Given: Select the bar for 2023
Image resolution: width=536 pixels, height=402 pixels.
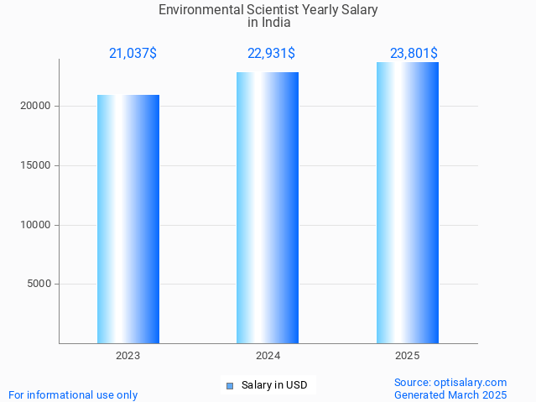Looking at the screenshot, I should point(128,219).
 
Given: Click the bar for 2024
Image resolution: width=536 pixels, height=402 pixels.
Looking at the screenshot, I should point(268,207).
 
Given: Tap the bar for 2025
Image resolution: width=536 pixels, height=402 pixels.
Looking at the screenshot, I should point(408,202).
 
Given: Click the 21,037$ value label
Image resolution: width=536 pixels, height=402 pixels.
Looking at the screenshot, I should point(133,54).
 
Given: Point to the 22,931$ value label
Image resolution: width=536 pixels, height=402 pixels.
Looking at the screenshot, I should point(271,54).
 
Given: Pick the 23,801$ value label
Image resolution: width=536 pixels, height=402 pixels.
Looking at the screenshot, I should point(414,54).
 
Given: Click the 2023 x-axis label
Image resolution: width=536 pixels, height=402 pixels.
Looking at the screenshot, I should point(128,356).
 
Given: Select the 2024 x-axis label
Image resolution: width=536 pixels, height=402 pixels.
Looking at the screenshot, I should point(268,356).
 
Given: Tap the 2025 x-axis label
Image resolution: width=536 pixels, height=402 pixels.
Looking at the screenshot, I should point(408,356).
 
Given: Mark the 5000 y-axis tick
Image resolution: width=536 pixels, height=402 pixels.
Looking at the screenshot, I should point(39,284).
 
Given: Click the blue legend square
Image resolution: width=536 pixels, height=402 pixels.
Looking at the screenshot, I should point(230,386).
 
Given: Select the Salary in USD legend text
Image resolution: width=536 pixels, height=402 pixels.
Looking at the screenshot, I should point(274,386).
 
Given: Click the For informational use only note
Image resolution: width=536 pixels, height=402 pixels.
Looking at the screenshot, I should point(73,394).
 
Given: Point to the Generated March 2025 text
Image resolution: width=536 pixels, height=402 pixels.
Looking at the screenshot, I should point(450,394).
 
